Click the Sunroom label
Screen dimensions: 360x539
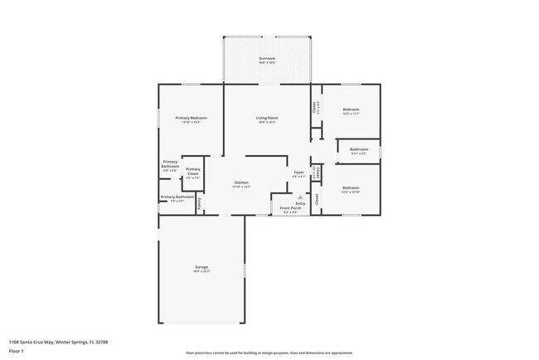pyautogui.click(x=267, y=58)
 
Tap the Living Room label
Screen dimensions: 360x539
pyautogui.click(x=267, y=119)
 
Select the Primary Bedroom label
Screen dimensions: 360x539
pyautogui.click(x=191, y=119)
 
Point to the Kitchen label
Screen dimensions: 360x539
pyautogui.click(x=241, y=182)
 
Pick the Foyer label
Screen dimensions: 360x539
pyautogui.click(x=299, y=173)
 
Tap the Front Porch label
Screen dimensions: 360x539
pyautogui.click(x=289, y=207)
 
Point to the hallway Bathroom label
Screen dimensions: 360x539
pyautogui.click(x=358, y=149)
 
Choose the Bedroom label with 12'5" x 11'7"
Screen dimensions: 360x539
pyautogui.click(x=351, y=109)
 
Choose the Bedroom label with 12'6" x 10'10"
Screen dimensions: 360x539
pyautogui.click(x=351, y=187)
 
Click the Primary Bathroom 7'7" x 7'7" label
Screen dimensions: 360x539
pyautogui.click(x=177, y=197)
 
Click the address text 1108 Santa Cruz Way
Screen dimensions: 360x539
pyautogui.click(x=58, y=342)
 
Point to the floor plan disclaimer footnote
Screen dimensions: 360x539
pyautogui.click(x=269, y=352)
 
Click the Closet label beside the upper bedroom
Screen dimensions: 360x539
pyautogui.click(x=315, y=107)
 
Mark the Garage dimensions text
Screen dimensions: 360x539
pyautogui.click(x=202, y=271)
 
